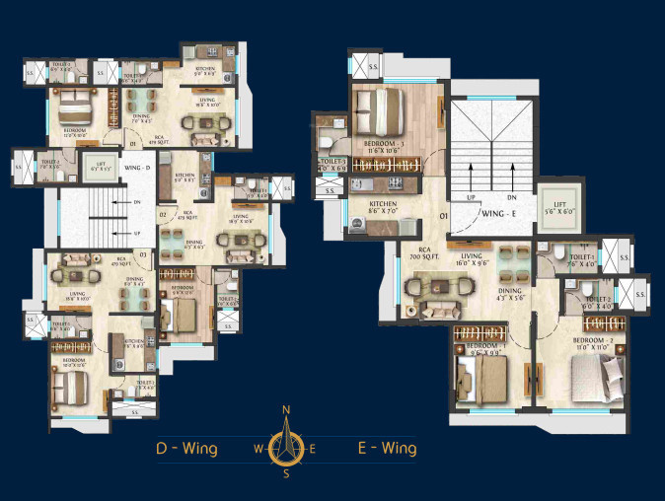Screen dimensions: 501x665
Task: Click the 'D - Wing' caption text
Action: tap(187, 449)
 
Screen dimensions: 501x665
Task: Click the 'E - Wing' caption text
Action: tap(387, 449)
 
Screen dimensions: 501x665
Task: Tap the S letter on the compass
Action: tap(286, 473)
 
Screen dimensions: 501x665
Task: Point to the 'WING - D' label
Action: tap(137, 169)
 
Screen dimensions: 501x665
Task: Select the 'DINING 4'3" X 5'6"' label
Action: tap(510, 296)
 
